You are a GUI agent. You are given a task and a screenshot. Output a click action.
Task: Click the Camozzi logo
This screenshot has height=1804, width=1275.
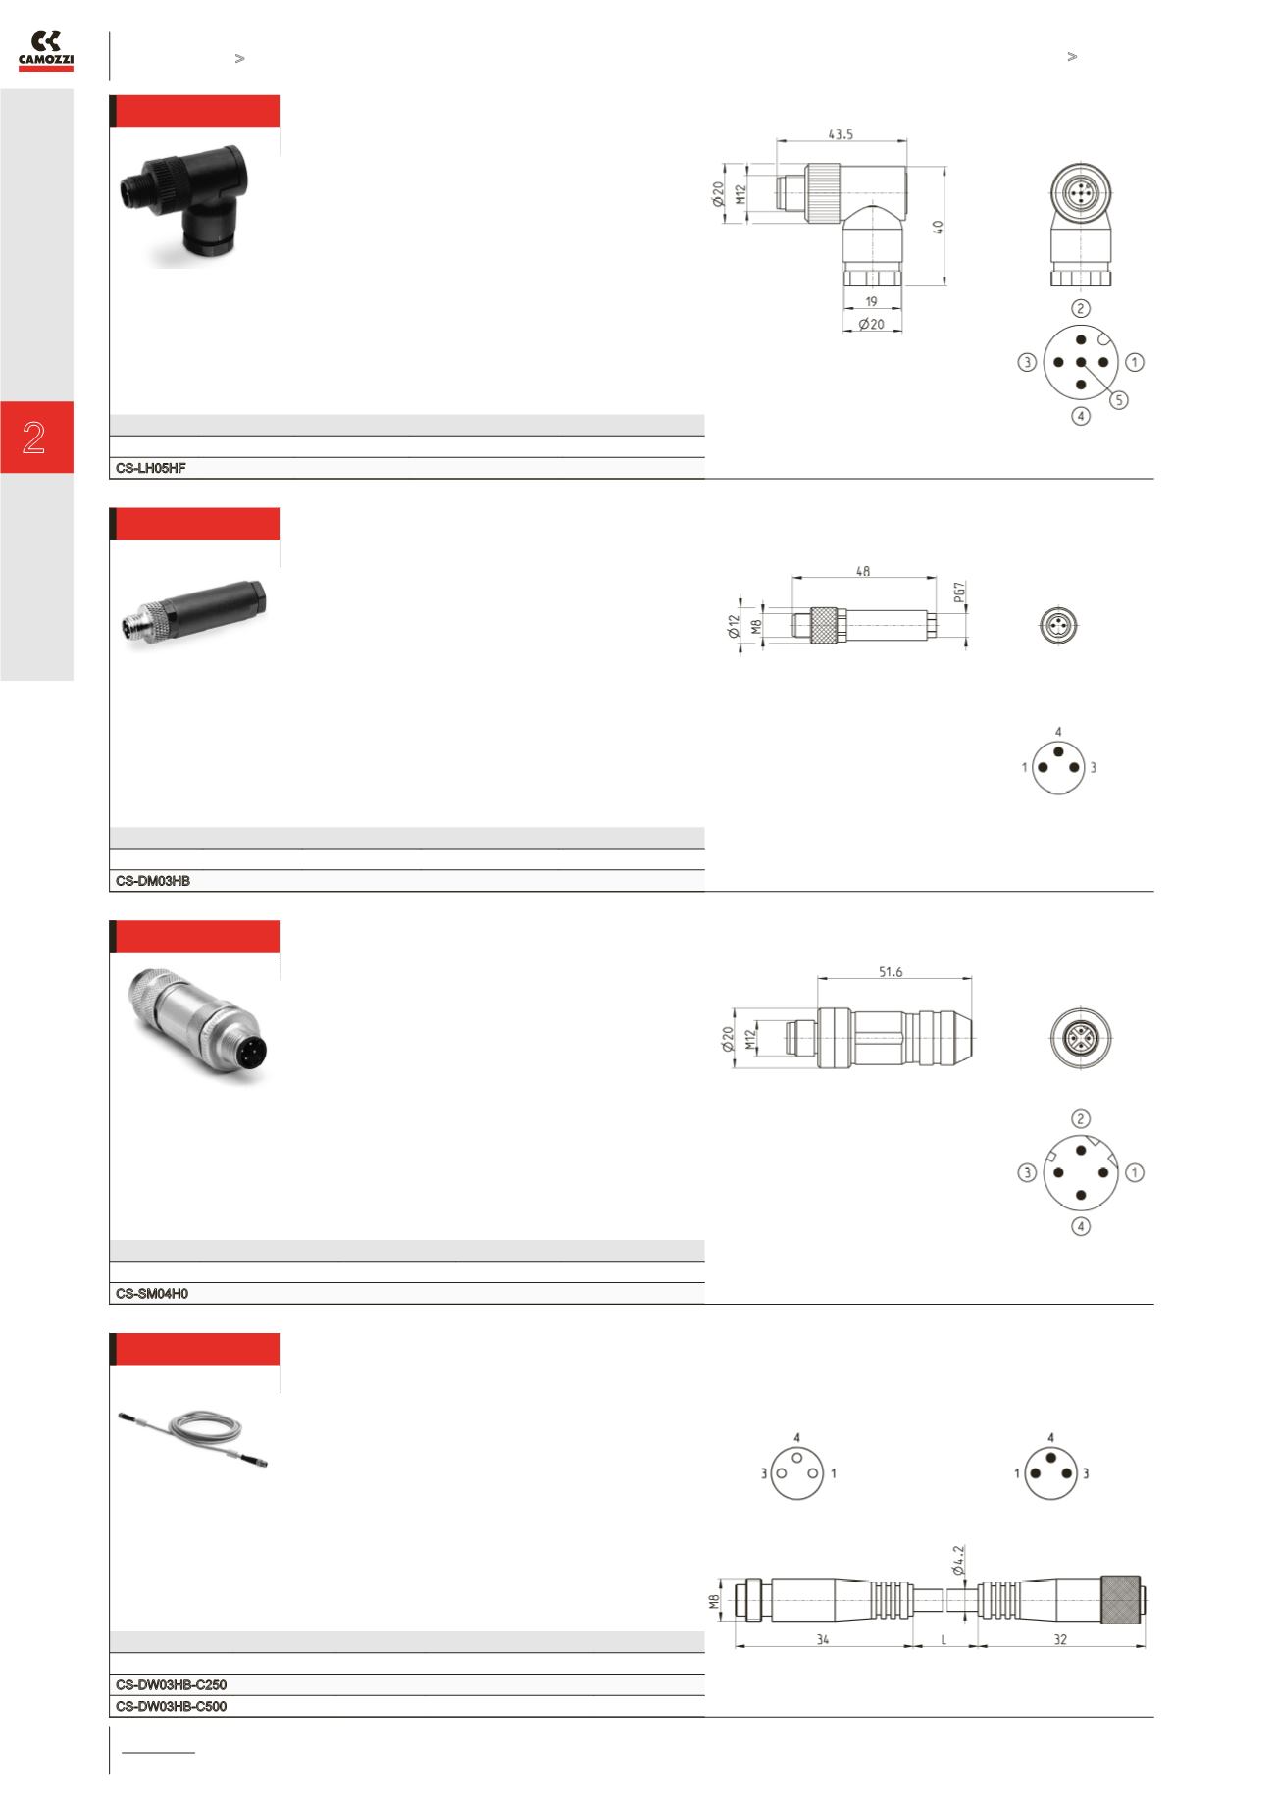(46, 51)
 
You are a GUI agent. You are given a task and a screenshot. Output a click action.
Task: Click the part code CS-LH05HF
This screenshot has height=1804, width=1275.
(151, 469)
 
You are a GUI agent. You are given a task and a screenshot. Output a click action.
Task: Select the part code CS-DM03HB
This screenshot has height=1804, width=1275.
(153, 882)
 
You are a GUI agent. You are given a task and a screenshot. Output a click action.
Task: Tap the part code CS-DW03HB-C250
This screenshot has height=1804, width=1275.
(171, 1685)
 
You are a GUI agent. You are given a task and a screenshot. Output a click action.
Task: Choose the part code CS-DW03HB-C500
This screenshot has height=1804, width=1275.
(171, 1707)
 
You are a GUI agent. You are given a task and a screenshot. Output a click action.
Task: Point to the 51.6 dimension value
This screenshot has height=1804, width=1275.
(891, 972)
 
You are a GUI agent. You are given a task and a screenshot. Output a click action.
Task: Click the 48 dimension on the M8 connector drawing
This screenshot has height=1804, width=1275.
(863, 570)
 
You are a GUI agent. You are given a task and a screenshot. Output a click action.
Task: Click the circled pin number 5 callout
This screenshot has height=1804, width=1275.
(1119, 399)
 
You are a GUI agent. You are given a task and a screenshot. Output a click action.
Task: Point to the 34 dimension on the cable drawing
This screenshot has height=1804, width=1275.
(822, 1639)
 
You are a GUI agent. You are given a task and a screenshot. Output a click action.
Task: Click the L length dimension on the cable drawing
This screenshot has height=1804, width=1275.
(944, 1639)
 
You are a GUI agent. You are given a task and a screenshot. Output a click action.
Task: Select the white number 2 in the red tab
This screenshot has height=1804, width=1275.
(34, 438)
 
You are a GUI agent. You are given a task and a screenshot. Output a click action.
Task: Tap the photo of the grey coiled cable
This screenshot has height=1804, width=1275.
(193, 1440)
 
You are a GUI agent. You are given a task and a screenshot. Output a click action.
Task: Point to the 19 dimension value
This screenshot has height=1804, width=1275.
(872, 302)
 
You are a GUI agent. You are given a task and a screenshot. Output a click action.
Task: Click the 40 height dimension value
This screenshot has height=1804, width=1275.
(938, 227)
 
